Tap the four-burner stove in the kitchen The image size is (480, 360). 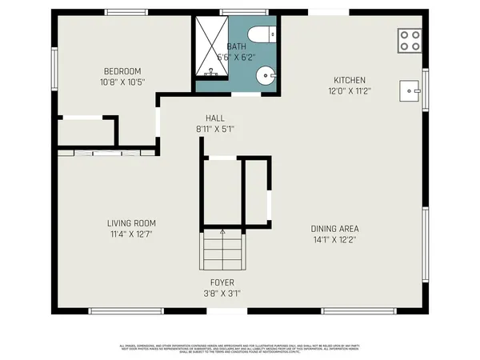410,40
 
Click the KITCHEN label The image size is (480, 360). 350,80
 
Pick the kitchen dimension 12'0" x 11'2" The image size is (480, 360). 350,91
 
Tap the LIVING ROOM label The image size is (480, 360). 132,222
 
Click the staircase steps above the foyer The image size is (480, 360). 220,250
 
